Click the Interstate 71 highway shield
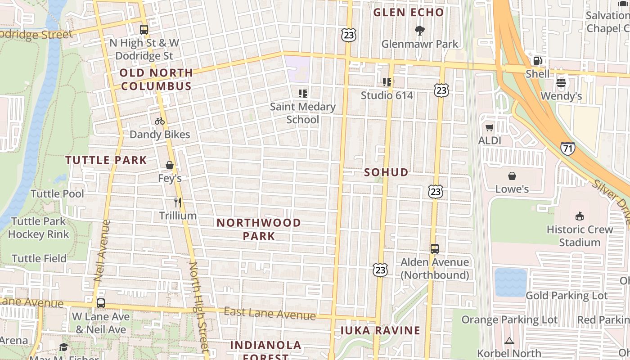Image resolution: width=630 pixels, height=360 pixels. point(567,148)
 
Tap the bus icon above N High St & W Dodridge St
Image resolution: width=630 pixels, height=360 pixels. point(144,30)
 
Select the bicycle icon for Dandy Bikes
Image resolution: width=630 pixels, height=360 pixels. point(160,121)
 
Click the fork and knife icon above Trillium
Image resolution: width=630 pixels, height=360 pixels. point(178,202)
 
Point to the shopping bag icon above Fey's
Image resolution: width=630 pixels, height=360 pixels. point(170,165)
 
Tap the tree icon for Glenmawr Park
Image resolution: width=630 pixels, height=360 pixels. point(420,31)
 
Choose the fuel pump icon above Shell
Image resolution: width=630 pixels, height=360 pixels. point(537,61)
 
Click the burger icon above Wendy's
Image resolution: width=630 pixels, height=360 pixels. point(561,82)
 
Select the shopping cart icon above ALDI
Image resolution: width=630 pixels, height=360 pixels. point(490,127)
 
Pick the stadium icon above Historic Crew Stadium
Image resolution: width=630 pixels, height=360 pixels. point(580,216)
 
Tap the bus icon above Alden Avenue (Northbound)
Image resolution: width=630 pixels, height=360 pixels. point(435,248)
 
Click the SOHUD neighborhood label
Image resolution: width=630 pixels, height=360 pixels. point(386,172)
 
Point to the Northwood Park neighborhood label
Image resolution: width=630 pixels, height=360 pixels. point(259,229)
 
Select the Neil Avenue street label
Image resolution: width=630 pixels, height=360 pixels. point(102,250)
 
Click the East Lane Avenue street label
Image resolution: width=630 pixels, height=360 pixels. point(270,313)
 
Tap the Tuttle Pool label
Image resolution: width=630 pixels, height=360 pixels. point(57,194)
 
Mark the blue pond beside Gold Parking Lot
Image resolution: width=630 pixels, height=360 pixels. point(510,283)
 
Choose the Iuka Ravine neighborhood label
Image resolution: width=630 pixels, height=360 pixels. point(380,331)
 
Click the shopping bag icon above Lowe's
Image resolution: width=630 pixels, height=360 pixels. point(512,175)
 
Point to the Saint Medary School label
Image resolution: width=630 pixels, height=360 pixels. point(303,113)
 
